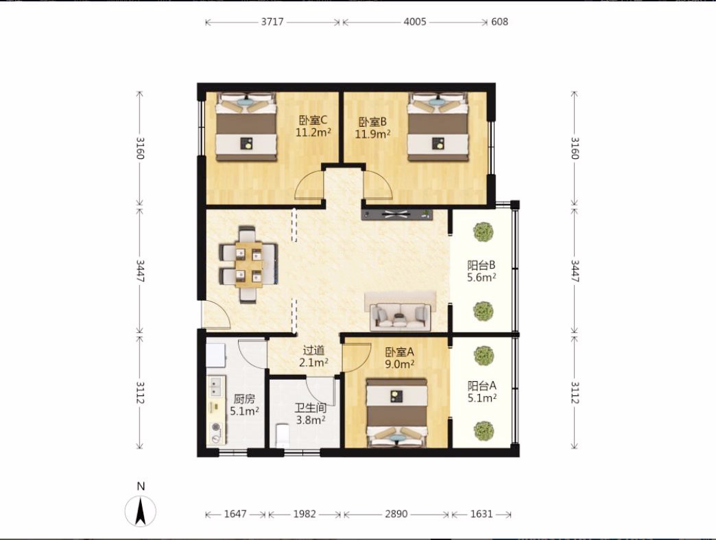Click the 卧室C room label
(313, 121)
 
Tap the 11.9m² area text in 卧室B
(372, 134)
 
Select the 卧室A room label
(400, 352)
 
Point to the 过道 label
(313, 351)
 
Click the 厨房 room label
(244, 399)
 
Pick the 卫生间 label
(311, 408)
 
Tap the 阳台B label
(481, 265)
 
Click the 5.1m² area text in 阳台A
(481, 398)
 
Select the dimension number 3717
(272, 22)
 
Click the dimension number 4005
(415, 22)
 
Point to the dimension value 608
(499, 22)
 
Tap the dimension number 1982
(305, 514)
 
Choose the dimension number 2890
(396, 514)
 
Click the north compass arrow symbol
(141, 511)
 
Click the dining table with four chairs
(249, 264)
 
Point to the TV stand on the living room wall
(397, 214)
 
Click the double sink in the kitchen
(215, 386)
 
